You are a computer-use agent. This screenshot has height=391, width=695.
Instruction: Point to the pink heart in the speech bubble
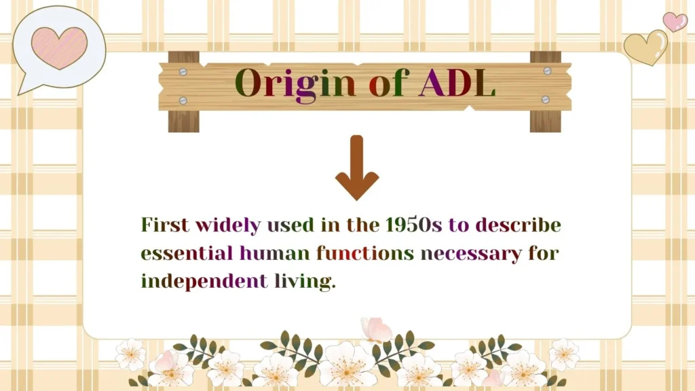(59, 47)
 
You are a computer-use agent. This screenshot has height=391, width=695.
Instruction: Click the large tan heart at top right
(645, 48)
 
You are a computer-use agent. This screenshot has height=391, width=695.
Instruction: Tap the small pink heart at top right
(675, 22)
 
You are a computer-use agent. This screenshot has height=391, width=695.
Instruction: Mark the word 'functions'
(365, 254)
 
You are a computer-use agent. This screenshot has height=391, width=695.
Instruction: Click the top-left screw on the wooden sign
(183, 71)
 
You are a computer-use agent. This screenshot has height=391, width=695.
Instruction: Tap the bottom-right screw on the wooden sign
(545, 99)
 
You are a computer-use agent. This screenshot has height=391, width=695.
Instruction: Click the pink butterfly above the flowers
(376, 330)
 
